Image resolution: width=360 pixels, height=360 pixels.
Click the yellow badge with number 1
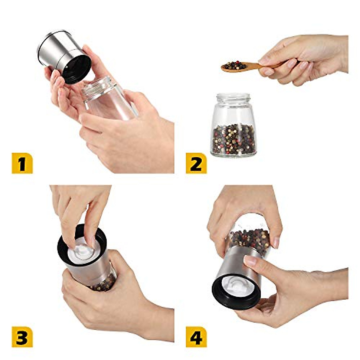[22, 163]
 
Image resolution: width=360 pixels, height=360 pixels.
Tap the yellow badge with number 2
[196, 163]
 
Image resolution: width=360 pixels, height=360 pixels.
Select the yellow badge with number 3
[22, 337]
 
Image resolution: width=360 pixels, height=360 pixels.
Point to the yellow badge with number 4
[196, 337]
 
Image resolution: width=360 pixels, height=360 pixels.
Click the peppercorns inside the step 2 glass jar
[234, 139]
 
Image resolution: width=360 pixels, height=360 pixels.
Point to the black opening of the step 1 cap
[76, 69]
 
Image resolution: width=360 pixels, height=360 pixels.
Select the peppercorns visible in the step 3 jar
[103, 283]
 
